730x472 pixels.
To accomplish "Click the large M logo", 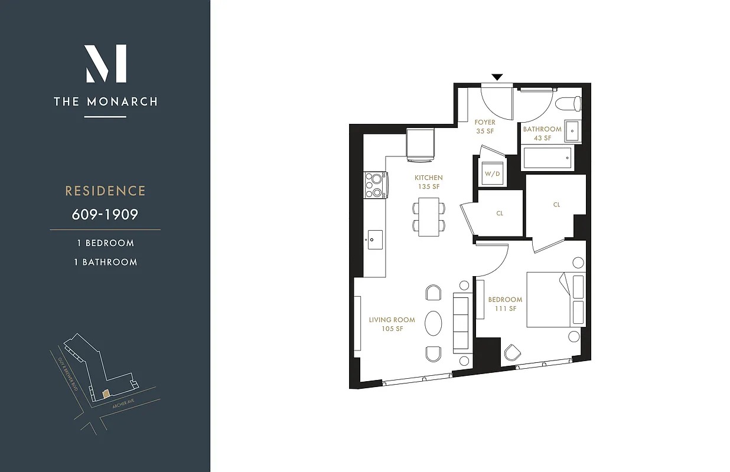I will click(x=106, y=63).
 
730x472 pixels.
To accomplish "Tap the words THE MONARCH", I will click(x=106, y=101).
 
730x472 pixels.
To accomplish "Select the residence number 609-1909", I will click(x=105, y=214).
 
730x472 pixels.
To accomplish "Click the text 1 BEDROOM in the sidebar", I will click(x=105, y=243).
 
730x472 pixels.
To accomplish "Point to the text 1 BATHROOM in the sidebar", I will click(x=105, y=262).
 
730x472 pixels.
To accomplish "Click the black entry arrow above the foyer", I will click(x=497, y=77).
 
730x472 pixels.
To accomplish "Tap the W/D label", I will click(x=492, y=174).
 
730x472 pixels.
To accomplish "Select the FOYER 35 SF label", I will click(x=485, y=127).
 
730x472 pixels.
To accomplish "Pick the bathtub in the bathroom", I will click(x=548, y=159).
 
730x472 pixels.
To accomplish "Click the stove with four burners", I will click(x=375, y=185).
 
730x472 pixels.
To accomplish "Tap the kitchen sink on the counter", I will click(x=374, y=240).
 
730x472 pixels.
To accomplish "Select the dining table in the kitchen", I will click(x=429, y=217).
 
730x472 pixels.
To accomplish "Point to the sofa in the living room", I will click(x=461, y=323).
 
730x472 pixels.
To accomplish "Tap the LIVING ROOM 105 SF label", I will click(x=392, y=324).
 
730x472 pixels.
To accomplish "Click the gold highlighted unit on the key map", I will click(x=105, y=392).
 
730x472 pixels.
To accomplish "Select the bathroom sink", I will click(x=572, y=132).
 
